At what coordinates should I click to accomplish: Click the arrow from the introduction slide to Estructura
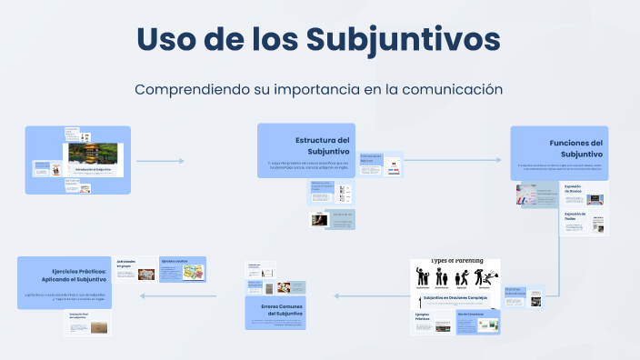click(160, 161)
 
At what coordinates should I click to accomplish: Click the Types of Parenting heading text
click(456, 261)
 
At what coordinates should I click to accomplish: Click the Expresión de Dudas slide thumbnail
click(590, 224)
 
